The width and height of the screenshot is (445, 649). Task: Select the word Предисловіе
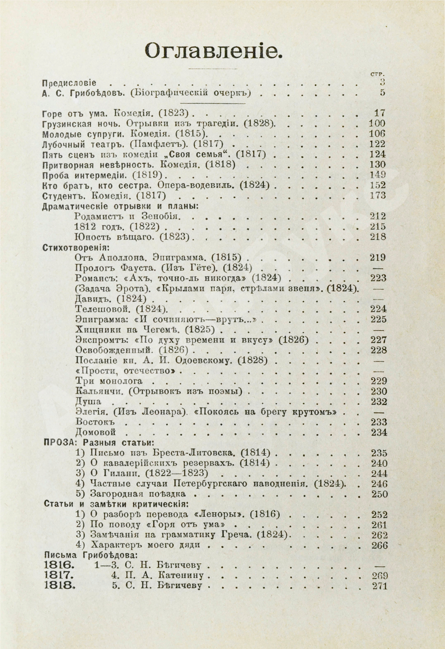[x=69, y=83]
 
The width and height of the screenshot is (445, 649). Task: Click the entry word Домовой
[x=96, y=432]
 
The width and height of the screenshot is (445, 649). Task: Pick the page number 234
[x=379, y=433]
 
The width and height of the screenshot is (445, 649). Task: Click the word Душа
[x=88, y=402]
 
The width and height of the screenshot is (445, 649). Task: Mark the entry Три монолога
[x=109, y=381]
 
